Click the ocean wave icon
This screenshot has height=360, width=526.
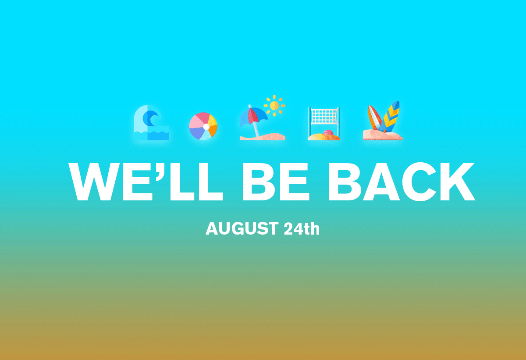(152, 123)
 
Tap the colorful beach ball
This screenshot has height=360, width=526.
(203, 126)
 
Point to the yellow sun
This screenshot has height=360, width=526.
(274, 106)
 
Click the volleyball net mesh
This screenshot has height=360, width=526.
(324, 117)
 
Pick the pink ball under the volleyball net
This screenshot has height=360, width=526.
(328, 133)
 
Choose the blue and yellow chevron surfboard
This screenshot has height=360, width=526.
(390, 117)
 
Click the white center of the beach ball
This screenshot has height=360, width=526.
(206, 127)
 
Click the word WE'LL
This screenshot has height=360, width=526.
(146, 182)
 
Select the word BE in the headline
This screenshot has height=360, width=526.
(276, 182)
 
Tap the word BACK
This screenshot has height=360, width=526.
(402, 182)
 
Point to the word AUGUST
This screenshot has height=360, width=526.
(242, 228)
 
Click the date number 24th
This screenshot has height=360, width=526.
(302, 228)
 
